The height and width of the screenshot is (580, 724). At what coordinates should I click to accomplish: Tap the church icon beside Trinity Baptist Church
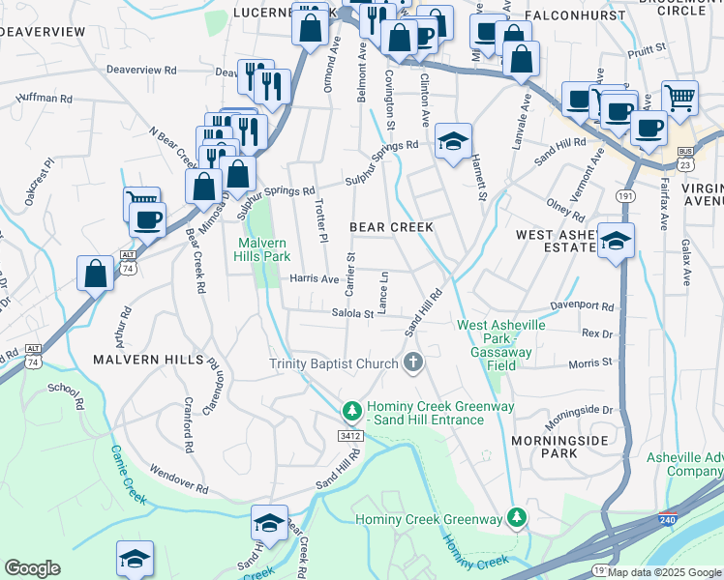(413, 363)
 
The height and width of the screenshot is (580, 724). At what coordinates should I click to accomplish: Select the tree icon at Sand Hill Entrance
(352, 412)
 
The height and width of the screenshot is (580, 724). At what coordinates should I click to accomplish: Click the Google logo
(32, 568)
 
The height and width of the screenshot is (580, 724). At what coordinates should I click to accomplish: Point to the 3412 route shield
(350, 437)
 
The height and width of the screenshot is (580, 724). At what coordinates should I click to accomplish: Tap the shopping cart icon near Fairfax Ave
(679, 98)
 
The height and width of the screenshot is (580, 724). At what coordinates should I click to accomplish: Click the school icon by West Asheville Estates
(615, 242)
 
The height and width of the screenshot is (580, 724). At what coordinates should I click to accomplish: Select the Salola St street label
(352, 313)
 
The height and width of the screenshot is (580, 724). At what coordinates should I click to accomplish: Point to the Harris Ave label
(315, 279)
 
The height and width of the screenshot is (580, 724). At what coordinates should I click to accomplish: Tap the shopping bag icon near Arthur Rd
(96, 274)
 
